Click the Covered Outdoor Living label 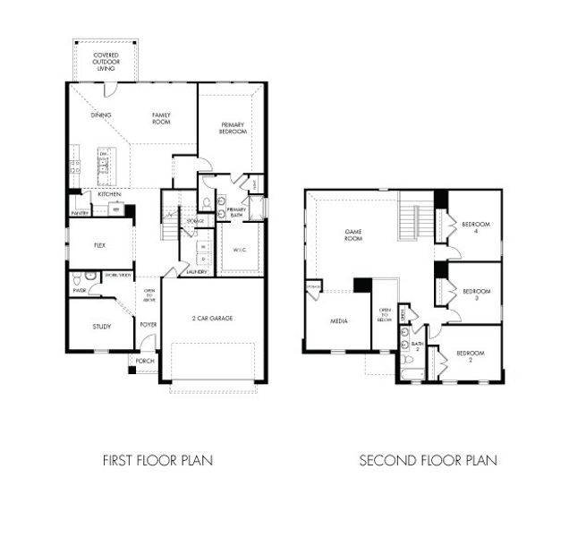[106, 62]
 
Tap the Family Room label [161, 119]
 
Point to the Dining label [101, 115]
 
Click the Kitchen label [109, 194]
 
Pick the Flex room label [100, 244]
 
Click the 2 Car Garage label [214, 318]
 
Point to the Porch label [145, 361]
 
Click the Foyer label [148, 326]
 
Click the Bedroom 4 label [475, 227]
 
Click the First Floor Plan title [157, 461]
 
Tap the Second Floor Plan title [428, 461]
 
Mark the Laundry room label [197, 271]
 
